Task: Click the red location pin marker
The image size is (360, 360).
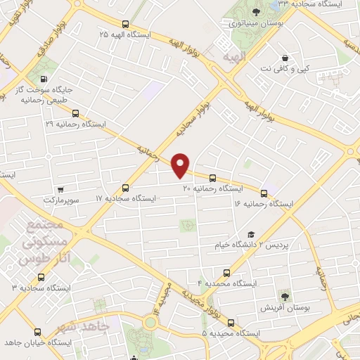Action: pos(181,165)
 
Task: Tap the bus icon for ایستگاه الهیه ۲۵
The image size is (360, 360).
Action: pos(125,23)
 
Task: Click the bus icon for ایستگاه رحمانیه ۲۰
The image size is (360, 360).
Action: pos(213,178)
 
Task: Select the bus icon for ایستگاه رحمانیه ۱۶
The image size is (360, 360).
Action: pos(264,193)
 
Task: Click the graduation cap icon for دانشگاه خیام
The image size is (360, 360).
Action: pos(250,235)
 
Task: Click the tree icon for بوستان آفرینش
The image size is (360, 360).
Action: pos(285,296)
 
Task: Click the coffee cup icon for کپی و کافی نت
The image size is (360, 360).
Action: pos(285,58)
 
